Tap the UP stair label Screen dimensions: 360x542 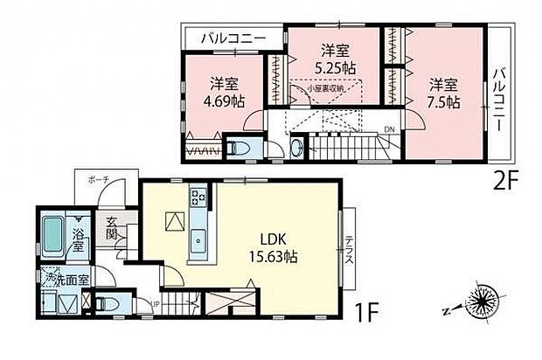tap(155, 303)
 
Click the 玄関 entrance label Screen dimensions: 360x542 tap(112, 230)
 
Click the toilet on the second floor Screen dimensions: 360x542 tap(239, 146)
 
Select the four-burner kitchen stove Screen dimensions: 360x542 tap(197, 197)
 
